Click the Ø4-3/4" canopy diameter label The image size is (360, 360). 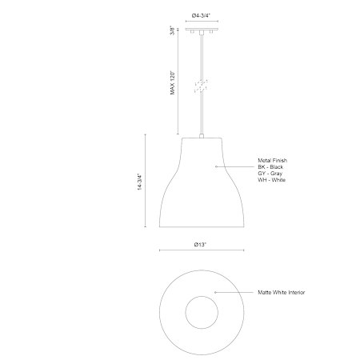pos(202,16)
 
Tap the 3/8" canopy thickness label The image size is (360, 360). pos(173,30)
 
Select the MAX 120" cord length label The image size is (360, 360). pos(173,82)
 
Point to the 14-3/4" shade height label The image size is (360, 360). pos(140,182)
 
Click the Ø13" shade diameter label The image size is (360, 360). pos(200,245)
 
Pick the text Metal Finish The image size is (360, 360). pos(272,161)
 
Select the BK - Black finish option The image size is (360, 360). pos(270,167)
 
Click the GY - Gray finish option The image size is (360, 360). pos(270,174)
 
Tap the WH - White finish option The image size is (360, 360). pos(271,180)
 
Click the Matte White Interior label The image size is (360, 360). pos(281,293)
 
